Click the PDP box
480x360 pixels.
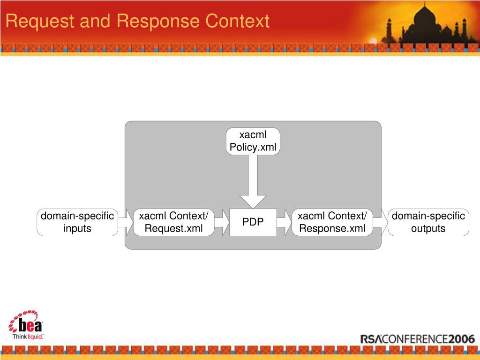pos(253,222)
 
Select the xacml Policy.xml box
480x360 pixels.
pos(253,142)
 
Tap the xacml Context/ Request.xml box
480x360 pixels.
pos(174,222)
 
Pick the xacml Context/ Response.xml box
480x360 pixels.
pos(332,222)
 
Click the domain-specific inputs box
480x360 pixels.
pos(77,222)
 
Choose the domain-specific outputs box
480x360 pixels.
pos(428,222)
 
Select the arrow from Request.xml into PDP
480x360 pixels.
pos(222,222)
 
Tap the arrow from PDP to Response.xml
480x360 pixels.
pos(284,222)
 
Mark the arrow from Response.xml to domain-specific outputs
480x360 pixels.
pos(381,222)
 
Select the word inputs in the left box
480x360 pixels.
pos(77,229)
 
